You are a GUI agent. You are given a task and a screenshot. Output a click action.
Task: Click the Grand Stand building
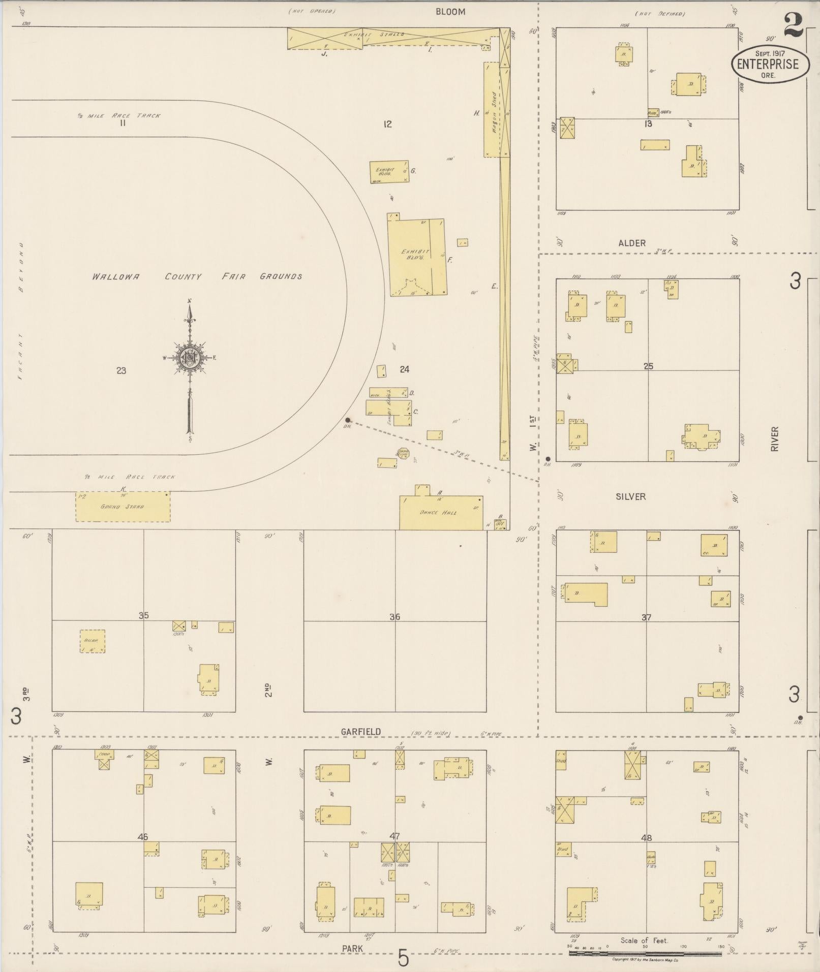point(123,507)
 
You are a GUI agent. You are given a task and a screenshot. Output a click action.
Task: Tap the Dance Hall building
point(441,513)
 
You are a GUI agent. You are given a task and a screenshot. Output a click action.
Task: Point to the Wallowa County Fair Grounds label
point(197,277)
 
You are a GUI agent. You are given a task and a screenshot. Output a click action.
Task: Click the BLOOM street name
point(450,12)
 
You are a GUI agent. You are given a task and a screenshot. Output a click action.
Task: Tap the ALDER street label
point(632,243)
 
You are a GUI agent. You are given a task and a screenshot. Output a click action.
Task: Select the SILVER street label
point(630,497)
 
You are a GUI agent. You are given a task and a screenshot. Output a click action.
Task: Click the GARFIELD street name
point(361,732)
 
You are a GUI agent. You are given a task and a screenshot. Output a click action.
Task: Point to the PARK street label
point(352,949)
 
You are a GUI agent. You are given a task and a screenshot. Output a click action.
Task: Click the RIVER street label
point(774,438)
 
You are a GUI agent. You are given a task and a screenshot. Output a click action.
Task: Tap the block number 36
point(395,617)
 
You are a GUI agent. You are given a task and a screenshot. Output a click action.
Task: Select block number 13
point(648,123)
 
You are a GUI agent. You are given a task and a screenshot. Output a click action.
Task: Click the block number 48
point(646,838)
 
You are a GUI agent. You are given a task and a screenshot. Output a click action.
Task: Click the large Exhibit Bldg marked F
point(417,257)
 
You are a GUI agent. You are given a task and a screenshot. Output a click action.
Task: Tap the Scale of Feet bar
point(645,954)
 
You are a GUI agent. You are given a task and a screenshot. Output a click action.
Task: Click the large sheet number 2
point(793,25)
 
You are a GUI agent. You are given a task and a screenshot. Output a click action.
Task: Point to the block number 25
point(648,366)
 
